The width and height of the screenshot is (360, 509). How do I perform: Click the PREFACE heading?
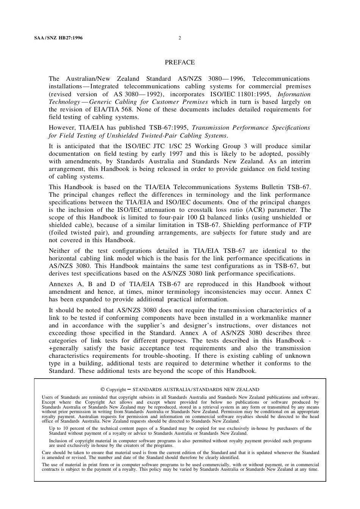point(180,62)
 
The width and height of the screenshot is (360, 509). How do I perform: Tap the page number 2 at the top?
point(180,38)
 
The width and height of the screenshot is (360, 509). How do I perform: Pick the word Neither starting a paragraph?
point(59,251)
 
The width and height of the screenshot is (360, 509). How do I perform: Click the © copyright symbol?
point(102,389)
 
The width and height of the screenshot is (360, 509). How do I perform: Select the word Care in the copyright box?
point(46,453)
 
